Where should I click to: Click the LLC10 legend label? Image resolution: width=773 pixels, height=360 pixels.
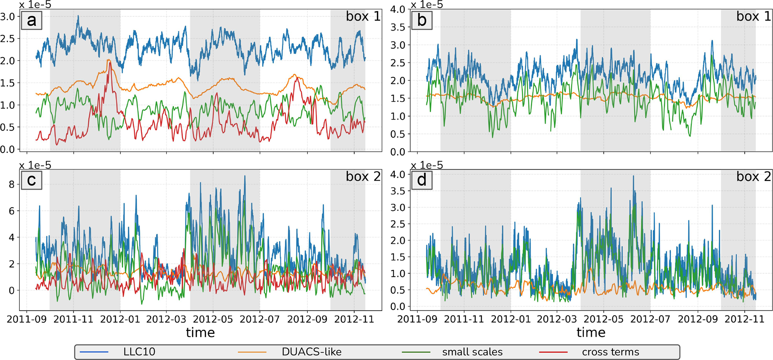click(x=139, y=352)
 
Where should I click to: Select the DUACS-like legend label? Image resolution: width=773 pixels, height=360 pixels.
click(x=311, y=352)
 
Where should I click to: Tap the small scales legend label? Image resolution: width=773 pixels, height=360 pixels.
click(x=472, y=352)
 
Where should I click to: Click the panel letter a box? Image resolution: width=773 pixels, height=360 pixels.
click(x=31, y=20)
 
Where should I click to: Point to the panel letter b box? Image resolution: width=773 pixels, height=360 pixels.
click(x=421, y=20)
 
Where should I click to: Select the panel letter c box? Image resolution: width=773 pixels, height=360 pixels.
click(x=31, y=180)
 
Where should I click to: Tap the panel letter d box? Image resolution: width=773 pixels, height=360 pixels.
click(x=421, y=180)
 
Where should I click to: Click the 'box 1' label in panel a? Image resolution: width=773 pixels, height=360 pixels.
click(x=363, y=16)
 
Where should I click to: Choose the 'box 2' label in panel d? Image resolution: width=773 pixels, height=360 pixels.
click(x=753, y=177)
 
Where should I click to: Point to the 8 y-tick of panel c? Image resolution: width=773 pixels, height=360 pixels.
click(x=12, y=184)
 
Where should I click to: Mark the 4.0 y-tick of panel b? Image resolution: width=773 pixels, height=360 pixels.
click(x=398, y=9)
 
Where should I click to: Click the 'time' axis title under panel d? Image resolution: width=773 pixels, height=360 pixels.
click(x=591, y=332)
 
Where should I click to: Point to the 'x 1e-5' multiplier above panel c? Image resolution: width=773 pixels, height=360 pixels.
click(x=35, y=165)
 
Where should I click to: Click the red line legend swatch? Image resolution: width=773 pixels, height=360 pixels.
click(x=553, y=352)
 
